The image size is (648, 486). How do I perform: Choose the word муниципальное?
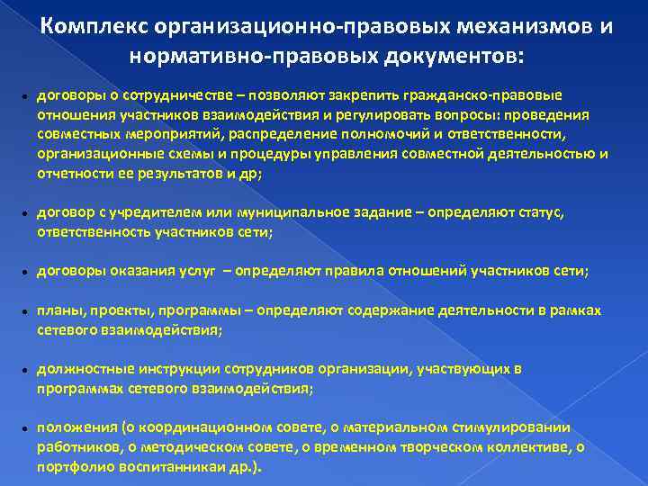pos(284,212)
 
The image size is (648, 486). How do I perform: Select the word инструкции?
pos(169,369)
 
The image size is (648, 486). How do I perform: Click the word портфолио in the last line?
pos(72,467)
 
